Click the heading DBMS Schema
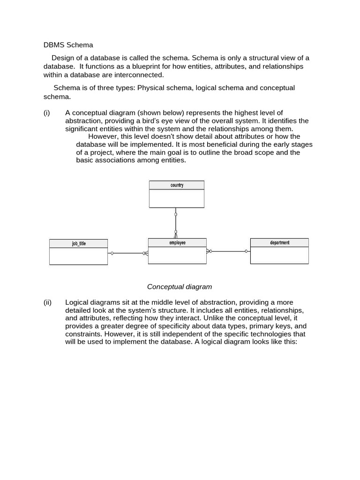coord(68,45)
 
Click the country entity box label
coord(177,185)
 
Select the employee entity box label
coord(177,243)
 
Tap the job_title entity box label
coord(79,244)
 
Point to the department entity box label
coord(279,243)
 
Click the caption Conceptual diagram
coord(180,286)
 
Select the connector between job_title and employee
coord(127,253)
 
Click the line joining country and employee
coord(176,223)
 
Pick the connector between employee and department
coord(228,251)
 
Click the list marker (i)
coord(46,112)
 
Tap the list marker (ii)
coord(47,302)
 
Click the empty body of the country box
coord(177,198)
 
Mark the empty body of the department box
coord(279,255)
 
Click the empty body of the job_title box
coord(79,256)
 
